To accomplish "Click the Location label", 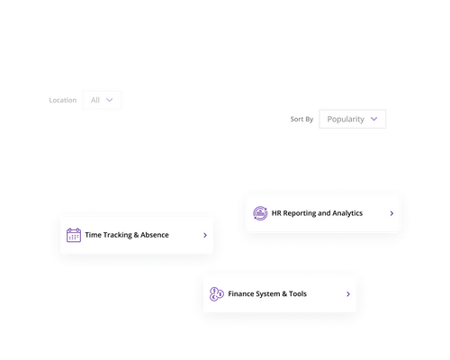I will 63,100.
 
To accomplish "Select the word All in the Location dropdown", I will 94,100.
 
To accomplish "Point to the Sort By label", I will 302,119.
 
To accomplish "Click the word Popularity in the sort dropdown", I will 346,119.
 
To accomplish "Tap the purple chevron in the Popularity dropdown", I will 374,118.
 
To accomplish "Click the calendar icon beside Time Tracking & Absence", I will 74,235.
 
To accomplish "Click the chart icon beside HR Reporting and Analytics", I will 260,213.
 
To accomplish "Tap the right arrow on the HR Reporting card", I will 391,214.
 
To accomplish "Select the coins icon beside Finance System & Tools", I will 217,294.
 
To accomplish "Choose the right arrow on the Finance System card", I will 348,294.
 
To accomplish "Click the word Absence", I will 154,235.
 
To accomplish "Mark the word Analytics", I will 345,213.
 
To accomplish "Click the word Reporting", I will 299,213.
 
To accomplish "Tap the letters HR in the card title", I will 276,213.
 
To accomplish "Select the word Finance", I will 241,294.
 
